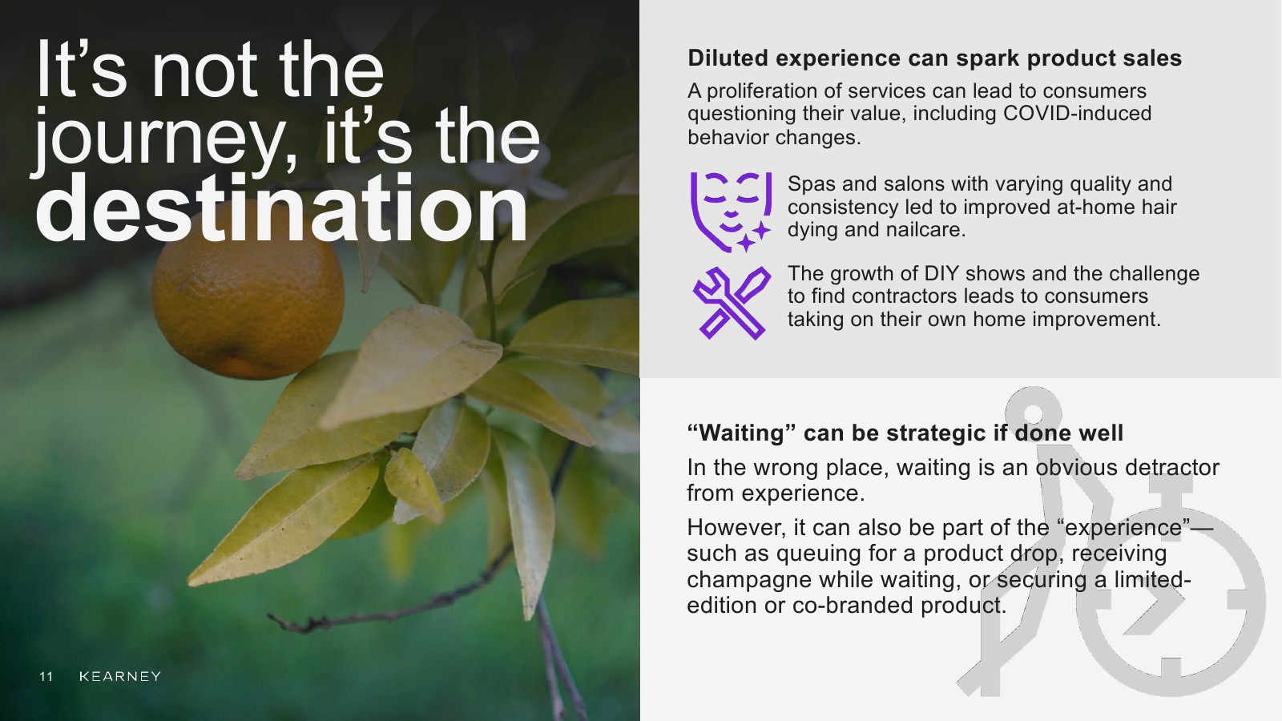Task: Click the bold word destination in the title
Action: [281, 209]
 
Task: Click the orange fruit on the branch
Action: [248, 297]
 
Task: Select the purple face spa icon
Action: [731, 212]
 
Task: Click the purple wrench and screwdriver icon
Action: [732, 303]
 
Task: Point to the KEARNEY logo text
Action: [120, 676]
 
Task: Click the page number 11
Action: [46, 676]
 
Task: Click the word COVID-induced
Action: [1077, 113]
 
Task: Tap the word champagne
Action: [748, 581]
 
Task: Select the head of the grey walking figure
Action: [1033, 413]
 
